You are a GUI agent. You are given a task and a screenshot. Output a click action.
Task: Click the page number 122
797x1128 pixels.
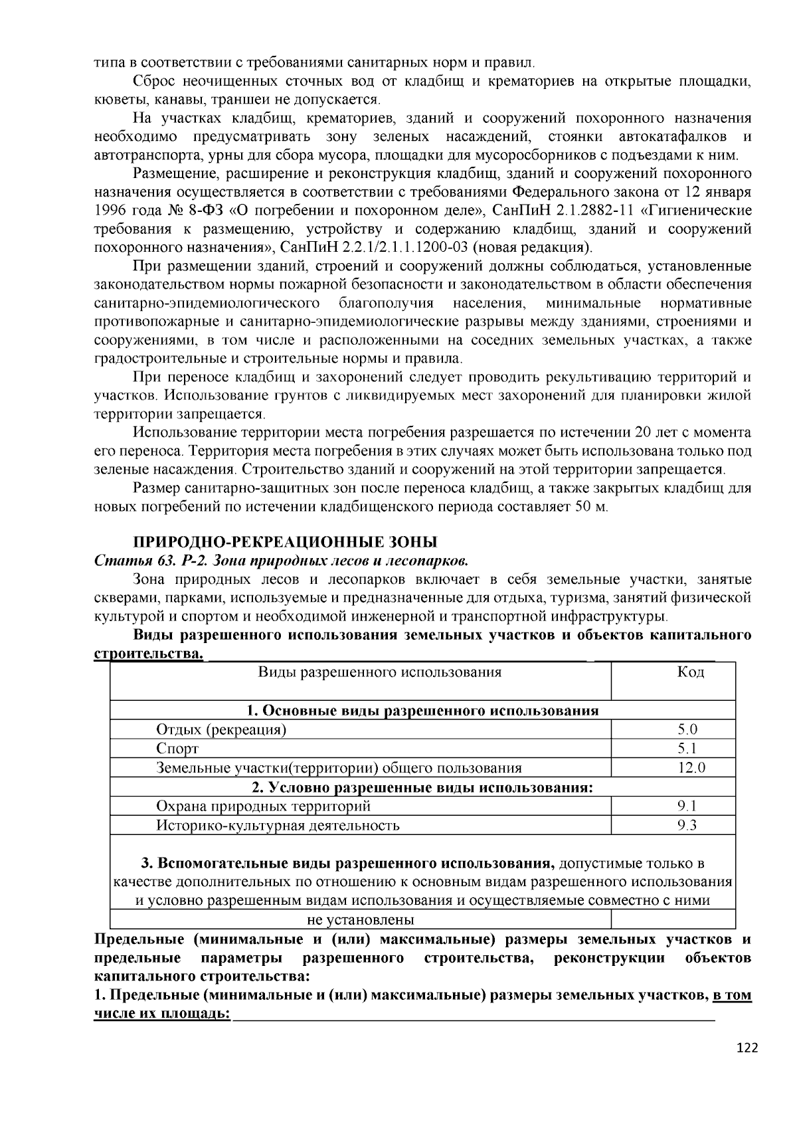click(x=747, y=1048)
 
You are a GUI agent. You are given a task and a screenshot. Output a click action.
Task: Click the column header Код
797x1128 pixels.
click(x=690, y=672)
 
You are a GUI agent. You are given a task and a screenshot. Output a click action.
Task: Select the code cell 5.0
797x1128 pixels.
click(x=687, y=729)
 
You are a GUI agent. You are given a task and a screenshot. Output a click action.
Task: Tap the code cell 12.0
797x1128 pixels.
click(x=691, y=768)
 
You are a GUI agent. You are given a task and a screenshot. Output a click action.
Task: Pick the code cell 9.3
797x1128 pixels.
click(x=687, y=825)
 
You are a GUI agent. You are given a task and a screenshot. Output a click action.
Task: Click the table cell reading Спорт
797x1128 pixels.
click(x=177, y=749)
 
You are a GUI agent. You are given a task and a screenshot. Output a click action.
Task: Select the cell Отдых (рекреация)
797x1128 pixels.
click(x=221, y=729)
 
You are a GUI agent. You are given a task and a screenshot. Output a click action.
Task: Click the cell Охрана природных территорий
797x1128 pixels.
click(x=263, y=806)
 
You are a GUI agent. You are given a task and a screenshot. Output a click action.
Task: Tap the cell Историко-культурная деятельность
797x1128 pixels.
click(x=278, y=825)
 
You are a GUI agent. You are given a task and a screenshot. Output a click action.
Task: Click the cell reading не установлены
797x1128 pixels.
click(x=360, y=920)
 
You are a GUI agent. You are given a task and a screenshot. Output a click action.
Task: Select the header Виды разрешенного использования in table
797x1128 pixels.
click(x=379, y=672)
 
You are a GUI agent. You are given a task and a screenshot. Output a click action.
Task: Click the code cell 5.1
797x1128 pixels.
click(x=687, y=749)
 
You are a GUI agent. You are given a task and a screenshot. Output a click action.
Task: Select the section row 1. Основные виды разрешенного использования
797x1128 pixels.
click(x=422, y=710)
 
